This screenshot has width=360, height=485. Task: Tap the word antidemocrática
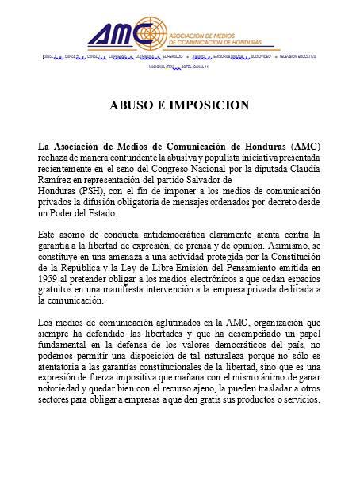coord(162,235)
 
